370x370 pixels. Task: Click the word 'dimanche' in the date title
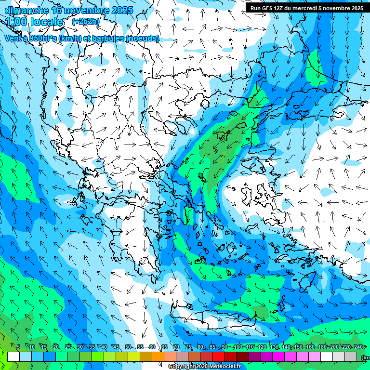click(x=24, y=10)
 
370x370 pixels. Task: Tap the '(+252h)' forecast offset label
click(x=86, y=21)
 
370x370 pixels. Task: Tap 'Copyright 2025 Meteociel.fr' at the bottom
click(x=205, y=367)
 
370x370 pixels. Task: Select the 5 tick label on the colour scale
click(x=18, y=347)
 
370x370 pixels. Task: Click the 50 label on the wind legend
click(x=128, y=347)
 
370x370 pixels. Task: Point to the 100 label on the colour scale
click(x=237, y=347)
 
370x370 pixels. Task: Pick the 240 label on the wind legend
click(x=358, y=347)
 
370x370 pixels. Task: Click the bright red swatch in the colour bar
click(x=218, y=357)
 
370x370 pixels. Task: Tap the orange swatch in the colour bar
click(x=158, y=357)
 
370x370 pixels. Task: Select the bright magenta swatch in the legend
click(x=278, y=357)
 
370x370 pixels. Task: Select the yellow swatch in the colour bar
click(x=122, y=357)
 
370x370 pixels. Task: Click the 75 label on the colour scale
click(x=188, y=347)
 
